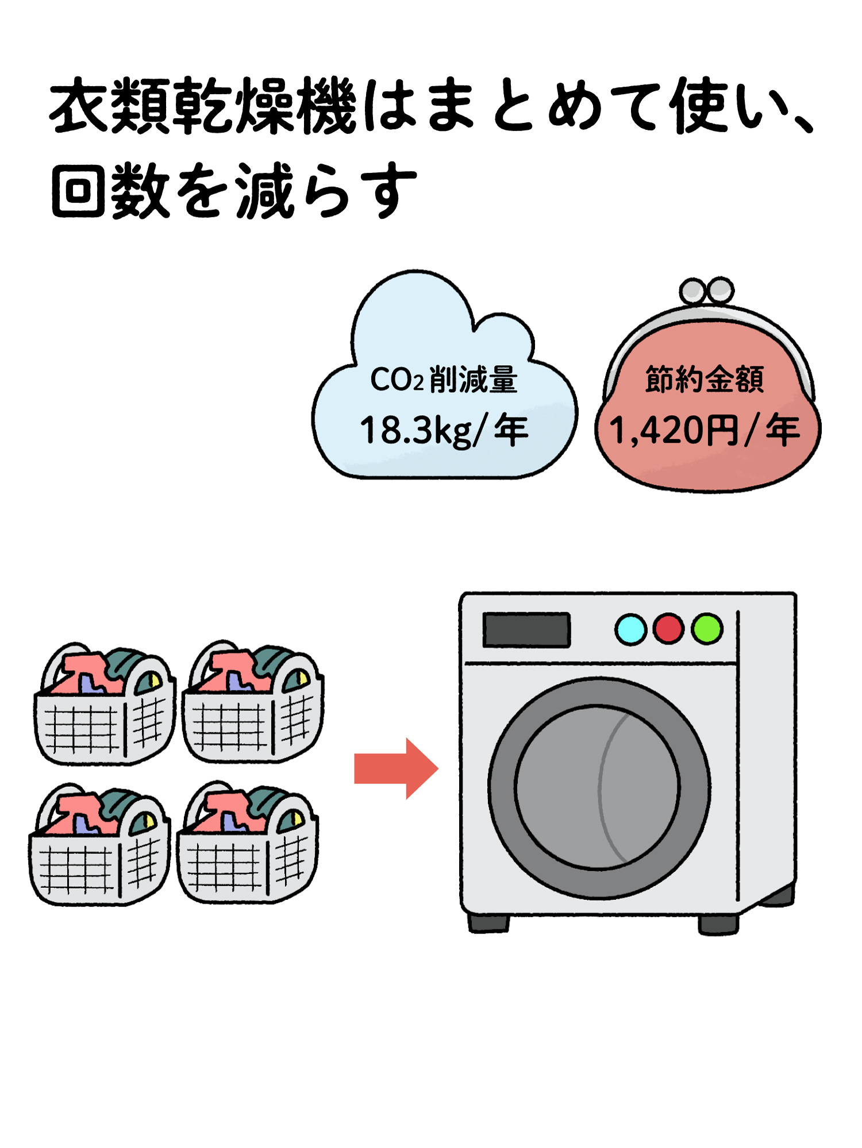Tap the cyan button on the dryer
coord(630,629)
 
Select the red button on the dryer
coord(668,629)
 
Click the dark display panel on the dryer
coord(526,630)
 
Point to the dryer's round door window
coord(598,787)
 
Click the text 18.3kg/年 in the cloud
coord(444,430)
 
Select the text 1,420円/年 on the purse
coord(705,430)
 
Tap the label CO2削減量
coord(444,380)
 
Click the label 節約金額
coord(705,379)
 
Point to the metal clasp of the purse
coord(706,291)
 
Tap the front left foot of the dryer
coord(488,922)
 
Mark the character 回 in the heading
coord(78,191)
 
